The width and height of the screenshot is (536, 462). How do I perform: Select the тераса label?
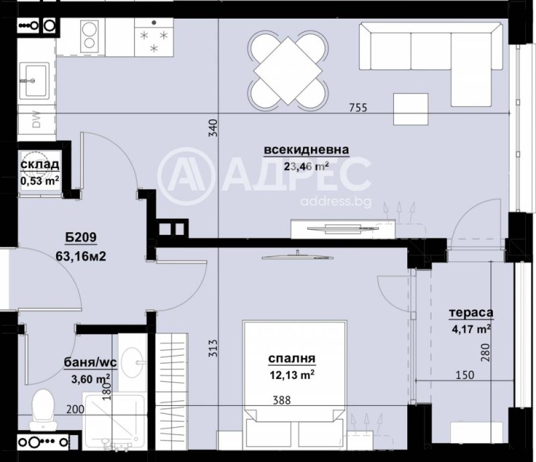pyautogui.click(x=471, y=313)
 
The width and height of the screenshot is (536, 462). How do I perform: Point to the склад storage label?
pyautogui.click(x=40, y=165)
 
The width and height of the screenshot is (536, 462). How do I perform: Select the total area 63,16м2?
pyautogui.click(x=82, y=255)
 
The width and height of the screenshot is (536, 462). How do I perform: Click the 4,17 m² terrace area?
pyautogui.click(x=471, y=328)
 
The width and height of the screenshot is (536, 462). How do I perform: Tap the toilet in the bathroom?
pyautogui.click(x=45, y=408)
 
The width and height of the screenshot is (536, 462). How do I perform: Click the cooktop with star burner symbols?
pyautogui.click(x=153, y=39)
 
